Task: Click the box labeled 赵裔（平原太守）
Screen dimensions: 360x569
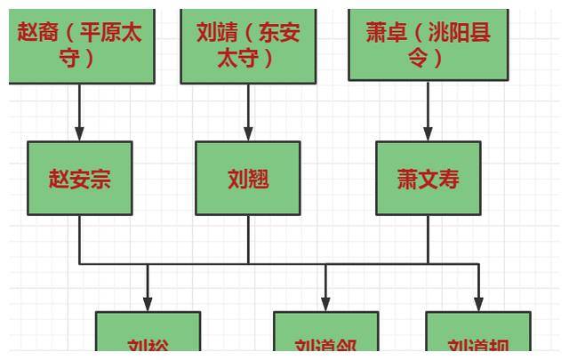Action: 80,44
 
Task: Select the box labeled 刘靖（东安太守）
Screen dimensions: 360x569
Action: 248,44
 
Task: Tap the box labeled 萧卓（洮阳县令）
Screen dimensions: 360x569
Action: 428,44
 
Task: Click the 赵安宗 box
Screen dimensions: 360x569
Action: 79,179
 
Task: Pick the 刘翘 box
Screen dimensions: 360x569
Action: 248,179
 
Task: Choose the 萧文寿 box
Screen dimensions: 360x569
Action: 428,179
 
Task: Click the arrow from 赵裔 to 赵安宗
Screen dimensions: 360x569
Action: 79,112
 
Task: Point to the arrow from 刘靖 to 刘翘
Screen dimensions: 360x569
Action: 248,112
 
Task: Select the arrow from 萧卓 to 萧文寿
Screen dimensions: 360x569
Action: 428,112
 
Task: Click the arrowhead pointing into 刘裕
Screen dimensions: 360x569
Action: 148,303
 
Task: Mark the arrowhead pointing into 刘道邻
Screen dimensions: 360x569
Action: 325,303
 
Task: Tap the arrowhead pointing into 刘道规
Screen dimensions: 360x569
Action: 478,303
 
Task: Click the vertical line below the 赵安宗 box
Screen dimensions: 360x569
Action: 79,239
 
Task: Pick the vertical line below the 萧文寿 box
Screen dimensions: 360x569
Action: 428,239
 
